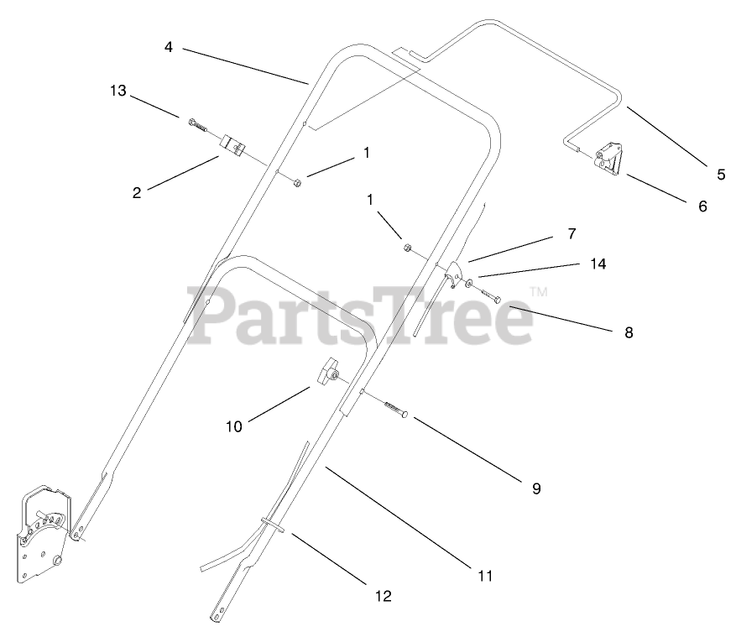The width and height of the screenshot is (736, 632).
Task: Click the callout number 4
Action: click(x=169, y=48)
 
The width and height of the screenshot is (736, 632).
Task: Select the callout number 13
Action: click(x=118, y=91)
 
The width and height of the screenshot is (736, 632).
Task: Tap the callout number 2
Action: click(x=137, y=192)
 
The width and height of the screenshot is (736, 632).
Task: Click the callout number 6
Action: click(x=703, y=206)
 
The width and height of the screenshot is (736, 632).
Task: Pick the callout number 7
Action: click(x=572, y=232)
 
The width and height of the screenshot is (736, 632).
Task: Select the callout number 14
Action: click(x=598, y=264)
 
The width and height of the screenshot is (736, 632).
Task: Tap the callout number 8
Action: click(x=629, y=332)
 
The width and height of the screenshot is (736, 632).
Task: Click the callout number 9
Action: click(x=536, y=488)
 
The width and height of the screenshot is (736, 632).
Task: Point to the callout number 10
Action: click(x=233, y=426)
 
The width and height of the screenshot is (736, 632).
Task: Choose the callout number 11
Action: click(x=484, y=577)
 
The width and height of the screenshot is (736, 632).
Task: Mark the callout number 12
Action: click(x=383, y=597)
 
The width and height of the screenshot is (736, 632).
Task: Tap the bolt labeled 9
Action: click(x=395, y=410)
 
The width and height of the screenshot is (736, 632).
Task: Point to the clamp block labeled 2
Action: click(x=232, y=145)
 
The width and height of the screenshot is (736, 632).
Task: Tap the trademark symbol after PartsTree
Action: click(x=538, y=293)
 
